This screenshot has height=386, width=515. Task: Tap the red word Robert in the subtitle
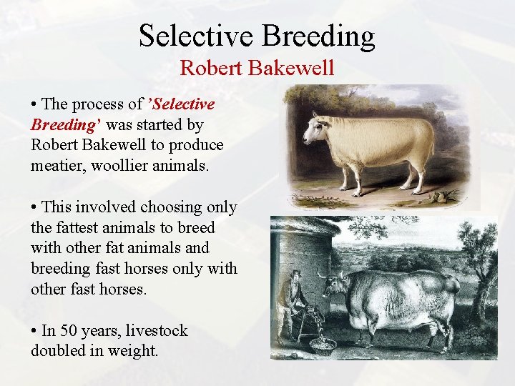pyautogui.click(x=205, y=68)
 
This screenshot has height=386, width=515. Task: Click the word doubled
pyautogui.click(x=57, y=351)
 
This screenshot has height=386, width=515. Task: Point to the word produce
pyautogui.click(x=197, y=145)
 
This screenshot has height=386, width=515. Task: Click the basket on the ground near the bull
pyautogui.click(x=323, y=346)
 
